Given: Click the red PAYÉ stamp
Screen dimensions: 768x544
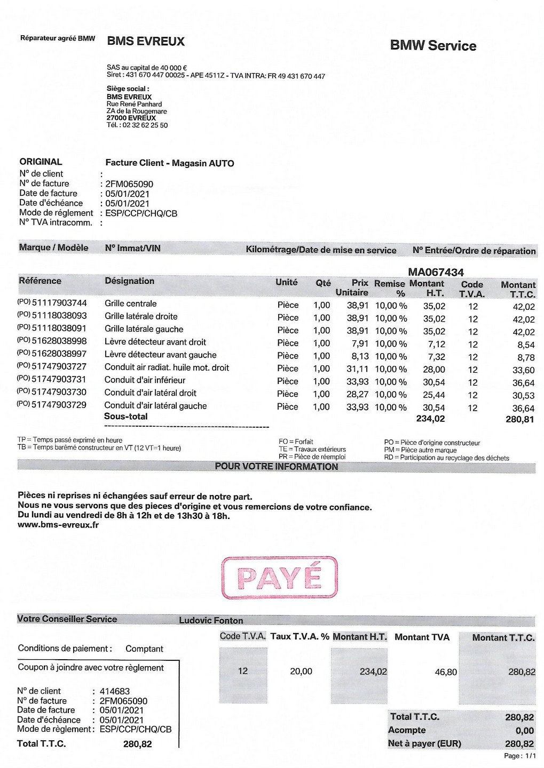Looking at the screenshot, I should [x=279, y=578].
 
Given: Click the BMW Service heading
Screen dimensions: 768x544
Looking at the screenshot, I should [x=433, y=46].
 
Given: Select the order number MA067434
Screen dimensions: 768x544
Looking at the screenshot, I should [x=436, y=272].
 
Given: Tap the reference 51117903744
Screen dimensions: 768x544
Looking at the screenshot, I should [x=59, y=303].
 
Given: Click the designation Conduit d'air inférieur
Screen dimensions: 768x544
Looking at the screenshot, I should [x=145, y=380].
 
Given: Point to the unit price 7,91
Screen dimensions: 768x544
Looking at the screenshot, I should [x=358, y=343].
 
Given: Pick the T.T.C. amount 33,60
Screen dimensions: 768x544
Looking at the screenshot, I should [x=523, y=370].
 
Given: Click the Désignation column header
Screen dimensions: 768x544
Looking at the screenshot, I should [x=129, y=281].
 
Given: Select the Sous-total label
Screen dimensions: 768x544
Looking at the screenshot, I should [x=126, y=417].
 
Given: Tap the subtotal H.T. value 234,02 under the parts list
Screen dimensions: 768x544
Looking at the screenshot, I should [x=430, y=419].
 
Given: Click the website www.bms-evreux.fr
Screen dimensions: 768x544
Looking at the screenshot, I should [x=58, y=525].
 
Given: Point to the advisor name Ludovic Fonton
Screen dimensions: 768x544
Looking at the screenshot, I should [x=211, y=620].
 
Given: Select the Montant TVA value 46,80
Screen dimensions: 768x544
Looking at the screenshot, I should [x=446, y=672].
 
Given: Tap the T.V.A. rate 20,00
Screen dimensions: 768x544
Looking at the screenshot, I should [x=301, y=671].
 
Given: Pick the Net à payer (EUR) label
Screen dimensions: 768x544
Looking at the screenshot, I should [x=424, y=743].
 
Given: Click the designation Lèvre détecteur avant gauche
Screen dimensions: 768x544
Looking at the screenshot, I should [x=160, y=355].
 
